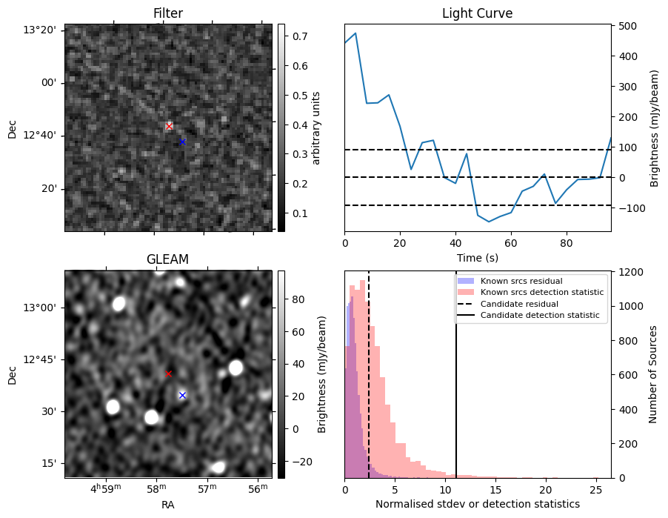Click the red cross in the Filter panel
click(x=169, y=126)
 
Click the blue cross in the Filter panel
click(x=182, y=142)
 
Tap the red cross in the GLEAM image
click(x=168, y=374)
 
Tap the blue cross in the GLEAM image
click(x=182, y=396)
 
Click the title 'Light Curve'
click(x=477, y=13)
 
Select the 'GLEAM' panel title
click(x=167, y=259)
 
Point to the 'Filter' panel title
click(x=168, y=13)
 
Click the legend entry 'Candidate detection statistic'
click(x=540, y=315)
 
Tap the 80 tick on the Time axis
click(x=567, y=244)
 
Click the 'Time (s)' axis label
click(x=478, y=258)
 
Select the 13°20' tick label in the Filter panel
click(x=39, y=30)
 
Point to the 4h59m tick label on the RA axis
click(x=106, y=488)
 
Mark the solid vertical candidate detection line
click(x=456, y=374)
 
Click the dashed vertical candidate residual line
click(x=369, y=374)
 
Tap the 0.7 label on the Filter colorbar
click(x=300, y=36)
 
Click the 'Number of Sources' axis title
click(x=652, y=374)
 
